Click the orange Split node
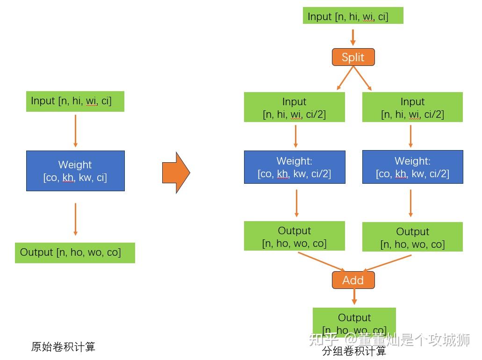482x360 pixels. (x=353, y=57)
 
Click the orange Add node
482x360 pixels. (x=353, y=280)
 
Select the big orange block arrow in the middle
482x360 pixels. (x=176, y=173)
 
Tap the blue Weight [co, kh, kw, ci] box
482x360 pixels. (x=75, y=171)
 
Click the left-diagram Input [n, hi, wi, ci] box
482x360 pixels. (x=75, y=101)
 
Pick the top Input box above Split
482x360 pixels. (x=353, y=16)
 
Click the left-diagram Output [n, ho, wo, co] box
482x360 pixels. (x=75, y=252)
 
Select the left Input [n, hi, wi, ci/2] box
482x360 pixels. (x=295, y=108)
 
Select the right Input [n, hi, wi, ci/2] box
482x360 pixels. (x=412, y=108)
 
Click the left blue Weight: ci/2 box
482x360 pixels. (x=295, y=167)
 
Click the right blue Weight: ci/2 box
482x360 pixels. (x=412, y=167)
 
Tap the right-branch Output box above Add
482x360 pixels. (x=412, y=237)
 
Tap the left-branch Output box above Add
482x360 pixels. (x=295, y=236)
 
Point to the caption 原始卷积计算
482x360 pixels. (x=63, y=347)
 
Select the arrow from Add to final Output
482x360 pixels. (x=354, y=296)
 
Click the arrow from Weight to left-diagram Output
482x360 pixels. (x=75, y=219)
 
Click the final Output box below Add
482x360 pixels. (x=354, y=323)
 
